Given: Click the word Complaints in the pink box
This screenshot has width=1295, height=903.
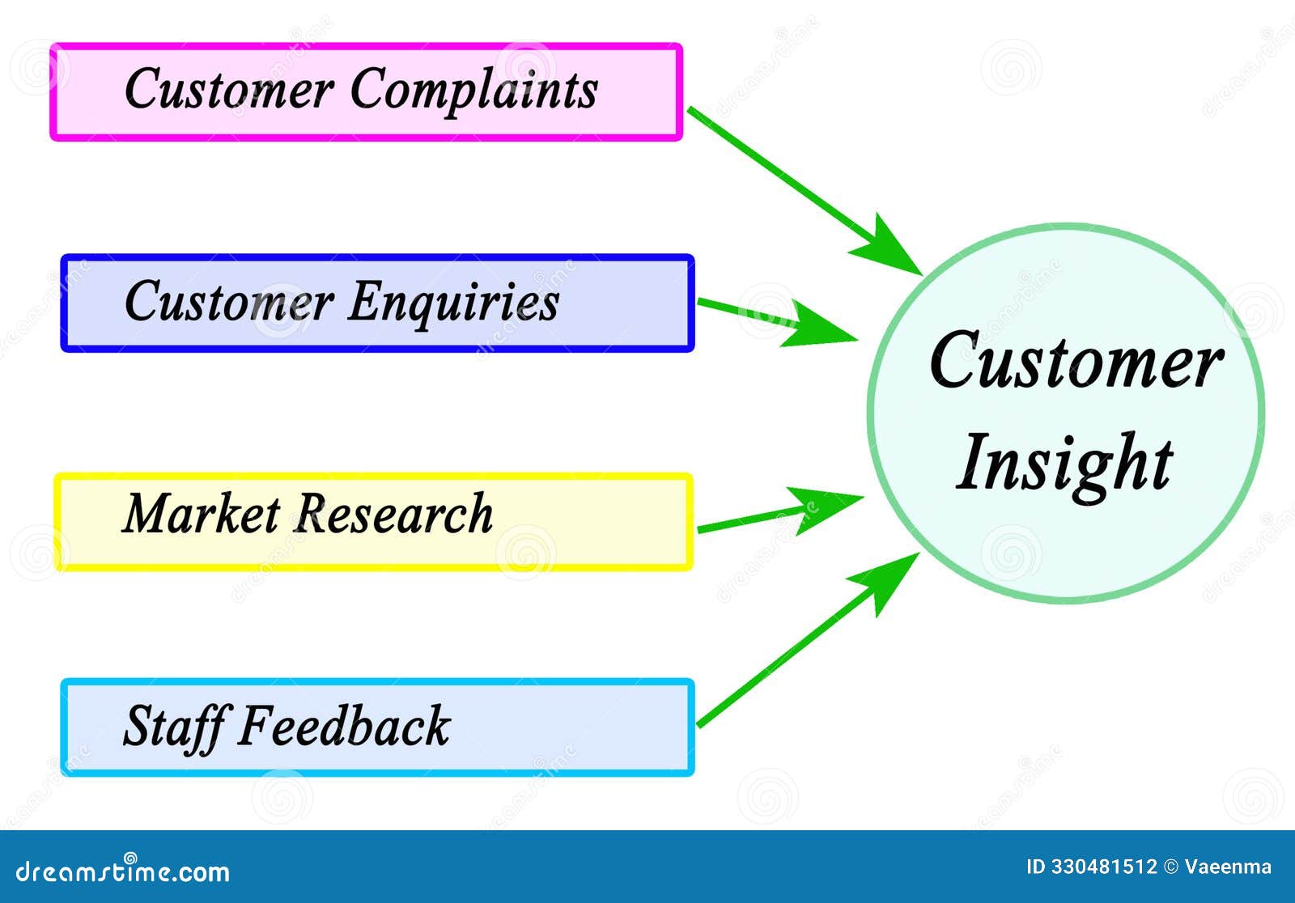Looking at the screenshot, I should coord(473,89).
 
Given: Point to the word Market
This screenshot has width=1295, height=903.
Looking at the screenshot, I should coord(201,514).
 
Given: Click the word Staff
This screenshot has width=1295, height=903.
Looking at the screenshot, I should coord(173,726).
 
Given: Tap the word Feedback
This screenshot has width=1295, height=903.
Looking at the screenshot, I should coord(343,725).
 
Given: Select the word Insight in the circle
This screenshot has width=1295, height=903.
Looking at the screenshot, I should coord(1064,463).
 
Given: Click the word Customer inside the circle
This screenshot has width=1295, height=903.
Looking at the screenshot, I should coord(1075,361).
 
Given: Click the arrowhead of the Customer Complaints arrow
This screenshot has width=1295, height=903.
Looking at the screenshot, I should coord(890,247).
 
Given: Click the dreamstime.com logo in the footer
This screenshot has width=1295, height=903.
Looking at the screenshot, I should coord(123,871).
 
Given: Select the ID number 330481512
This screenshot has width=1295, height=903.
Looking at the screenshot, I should coord(1104,867).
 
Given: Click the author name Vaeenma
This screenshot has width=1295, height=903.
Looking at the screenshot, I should coord(1228,867).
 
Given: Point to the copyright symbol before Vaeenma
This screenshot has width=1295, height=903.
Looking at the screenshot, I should coord(1170,867).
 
